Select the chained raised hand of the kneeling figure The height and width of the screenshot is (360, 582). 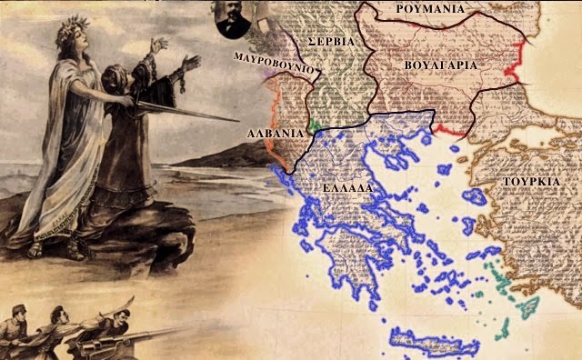click(x=191, y=61)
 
